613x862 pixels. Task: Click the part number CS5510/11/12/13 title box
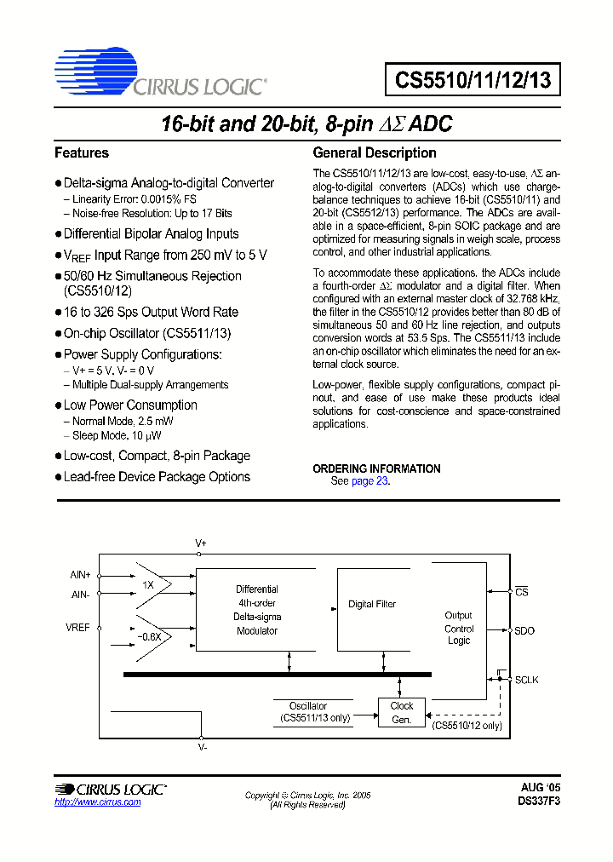pos(473,82)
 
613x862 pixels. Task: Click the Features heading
pos(82,153)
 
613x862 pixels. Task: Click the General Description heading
pos(375,153)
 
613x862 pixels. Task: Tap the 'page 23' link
pos(370,481)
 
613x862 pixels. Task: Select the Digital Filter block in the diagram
pos(372,604)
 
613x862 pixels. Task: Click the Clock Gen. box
pos(401,712)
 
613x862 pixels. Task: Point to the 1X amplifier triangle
pos(152,584)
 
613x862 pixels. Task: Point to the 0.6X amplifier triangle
pos(152,636)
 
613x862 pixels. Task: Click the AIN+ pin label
pos(80,575)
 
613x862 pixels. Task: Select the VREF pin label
pos(79,628)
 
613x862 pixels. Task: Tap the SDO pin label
pos(524,631)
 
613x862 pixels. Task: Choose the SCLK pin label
pos(526,680)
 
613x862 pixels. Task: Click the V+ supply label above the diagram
pos(201,543)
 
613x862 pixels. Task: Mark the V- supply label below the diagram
pos(203,747)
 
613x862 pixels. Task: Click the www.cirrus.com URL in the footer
pos(98,802)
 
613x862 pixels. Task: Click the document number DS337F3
pos(539,802)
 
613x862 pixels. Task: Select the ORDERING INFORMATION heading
pos(376,468)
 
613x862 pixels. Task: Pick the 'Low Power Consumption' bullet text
pos(130,405)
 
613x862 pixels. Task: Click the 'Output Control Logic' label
pos(459,628)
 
